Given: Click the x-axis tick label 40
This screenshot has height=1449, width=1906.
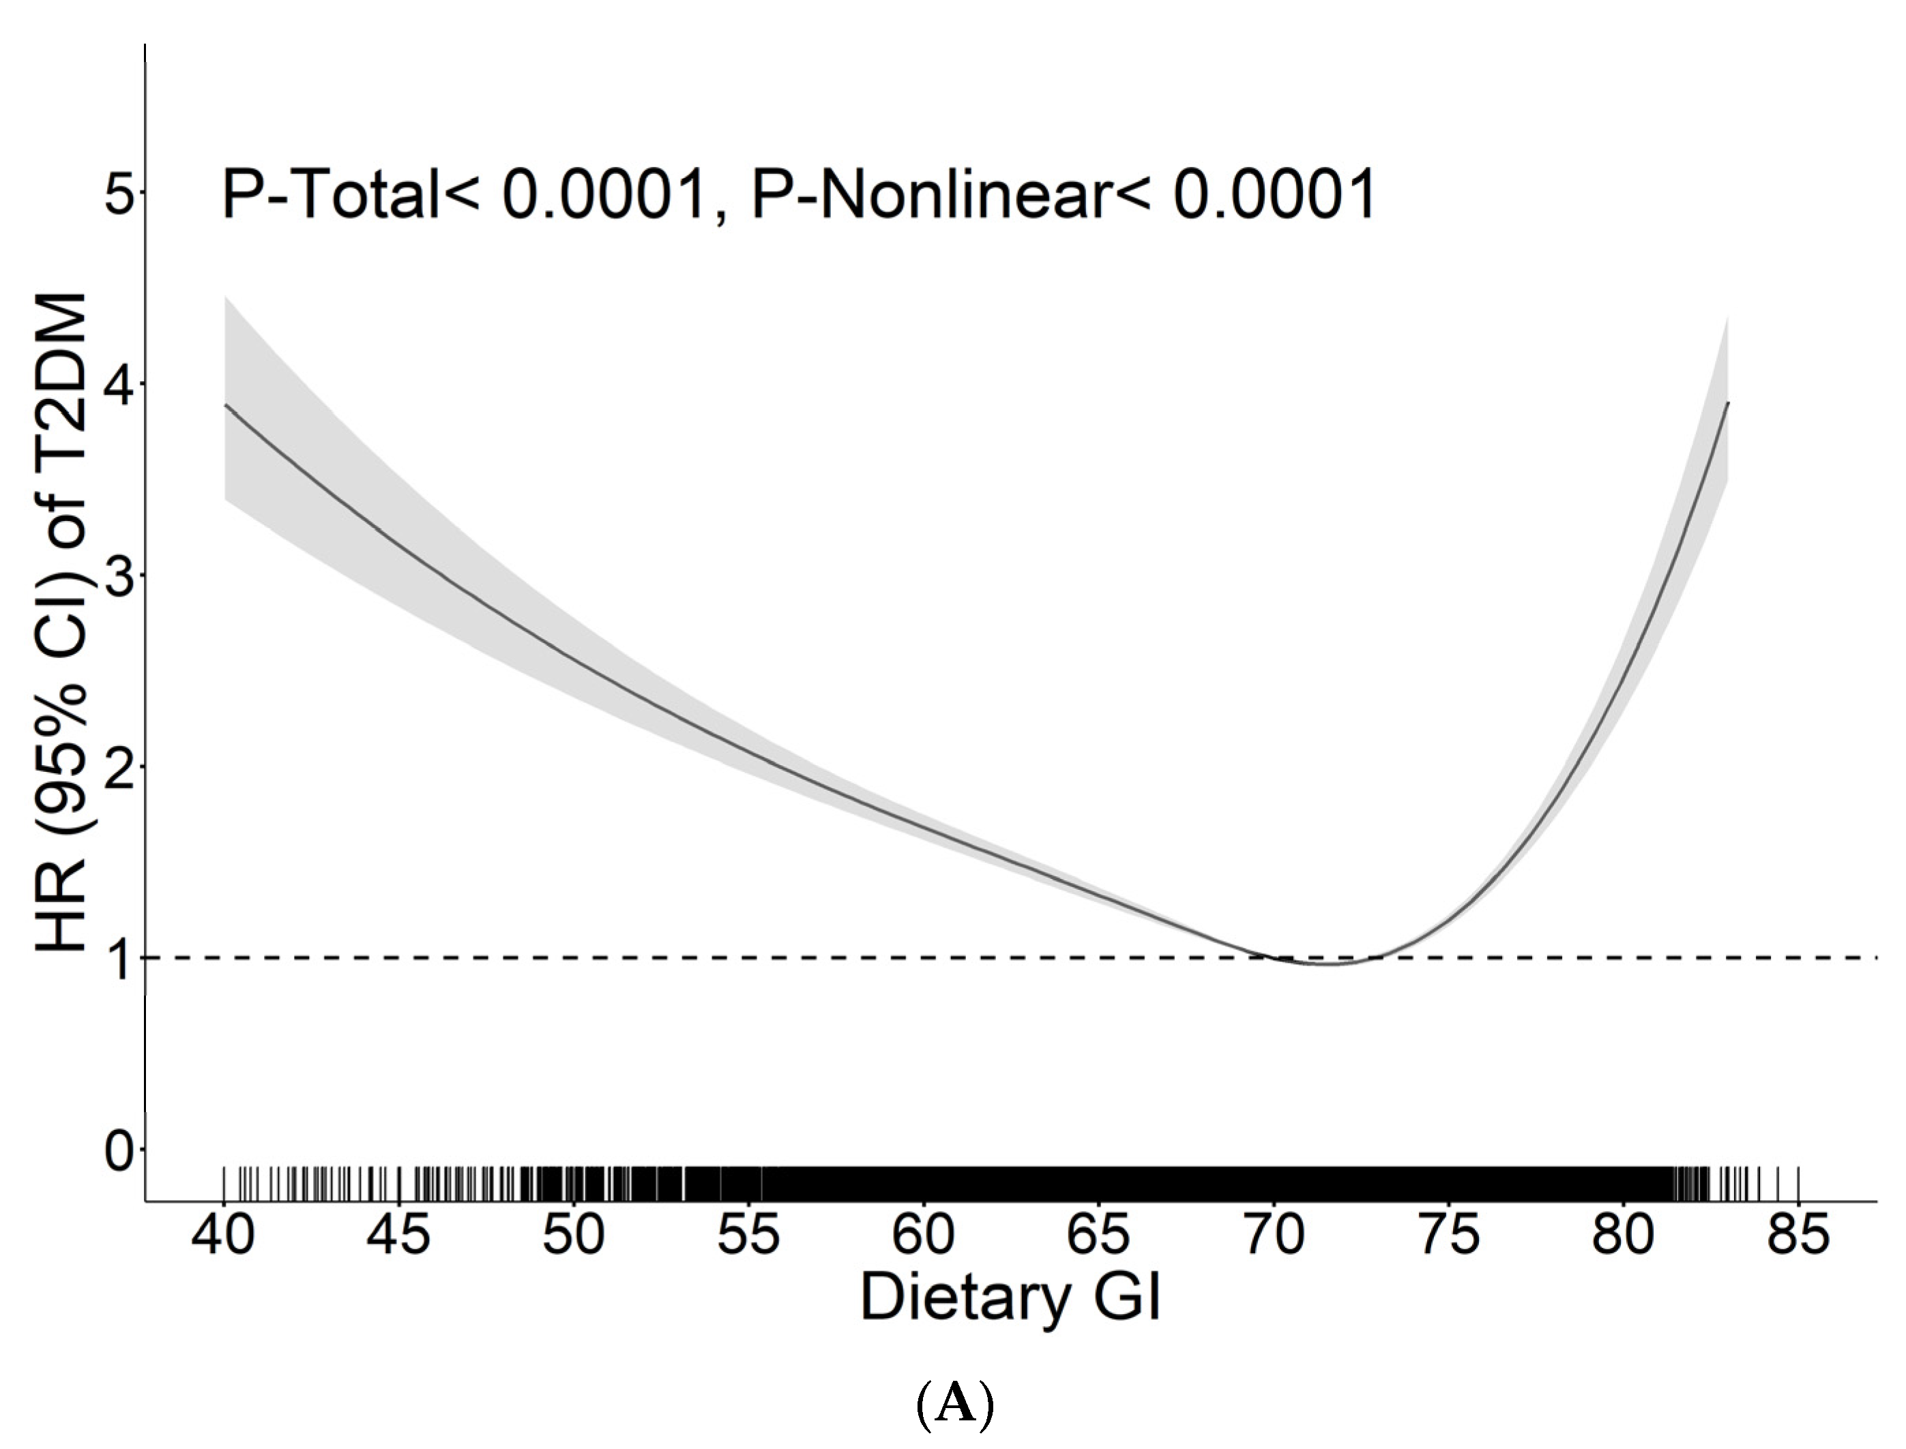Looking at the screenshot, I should (x=224, y=1234).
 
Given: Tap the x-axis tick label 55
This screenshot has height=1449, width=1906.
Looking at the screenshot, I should (x=748, y=1234).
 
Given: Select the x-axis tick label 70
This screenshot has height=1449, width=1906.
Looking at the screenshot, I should (x=1274, y=1234).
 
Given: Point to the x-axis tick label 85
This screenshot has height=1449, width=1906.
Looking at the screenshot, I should (x=1798, y=1234).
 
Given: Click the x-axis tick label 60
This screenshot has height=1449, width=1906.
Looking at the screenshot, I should (x=923, y=1234).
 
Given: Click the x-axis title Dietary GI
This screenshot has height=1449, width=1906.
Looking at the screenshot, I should (x=1010, y=1300).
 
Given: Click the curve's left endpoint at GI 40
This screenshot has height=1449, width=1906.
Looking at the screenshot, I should (x=225, y=404).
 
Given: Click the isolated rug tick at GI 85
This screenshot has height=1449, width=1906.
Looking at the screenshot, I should (x=1798, y=1182).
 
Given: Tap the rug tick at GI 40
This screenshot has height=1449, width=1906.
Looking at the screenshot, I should (x=224, y=1182).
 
